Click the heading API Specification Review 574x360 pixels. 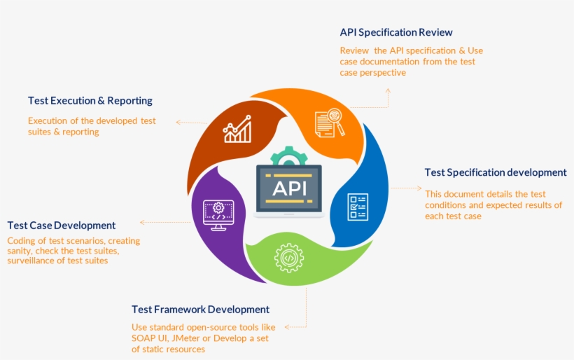[x=396, y=32]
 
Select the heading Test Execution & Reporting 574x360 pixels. [x=90, y=101]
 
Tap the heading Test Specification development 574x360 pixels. [x=496, y=172]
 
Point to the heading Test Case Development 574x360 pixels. [x=62, y=226]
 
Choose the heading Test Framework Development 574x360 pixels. [x=200, y=310]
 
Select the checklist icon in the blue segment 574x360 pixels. [x=358, y=207]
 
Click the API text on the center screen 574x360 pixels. [x=288, y=188]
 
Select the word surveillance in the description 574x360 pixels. [x=32, y=261]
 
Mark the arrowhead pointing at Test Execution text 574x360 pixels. [x=178, y=122]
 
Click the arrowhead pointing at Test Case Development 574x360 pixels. [x=142, y=222]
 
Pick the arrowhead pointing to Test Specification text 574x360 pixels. [x=420, y=188]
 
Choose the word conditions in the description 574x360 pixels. [x=447, y=205]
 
